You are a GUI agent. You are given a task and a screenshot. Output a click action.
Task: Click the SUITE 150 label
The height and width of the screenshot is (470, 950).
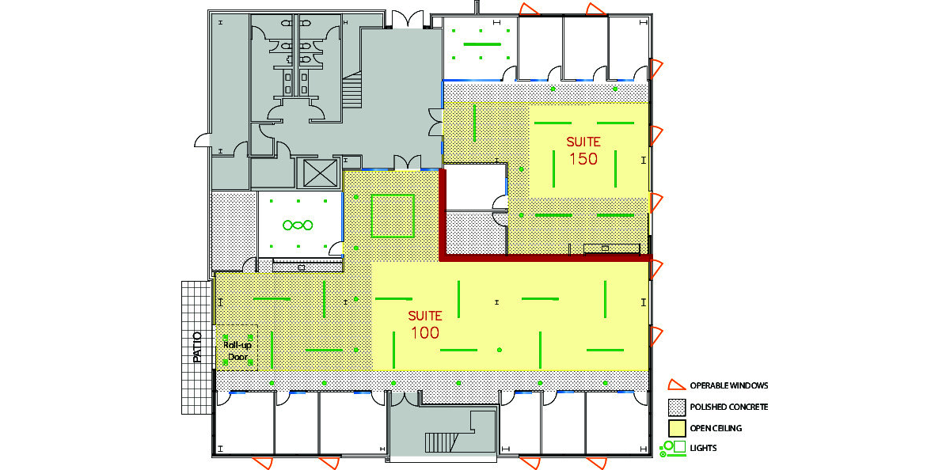(x=583, y=151)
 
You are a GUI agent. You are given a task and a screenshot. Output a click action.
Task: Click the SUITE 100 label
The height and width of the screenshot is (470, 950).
(x=425, y=324)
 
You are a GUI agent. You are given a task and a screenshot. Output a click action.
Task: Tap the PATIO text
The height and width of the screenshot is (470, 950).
(x=197, y=347)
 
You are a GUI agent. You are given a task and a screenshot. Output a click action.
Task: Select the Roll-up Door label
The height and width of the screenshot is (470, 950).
(x=237, y=351)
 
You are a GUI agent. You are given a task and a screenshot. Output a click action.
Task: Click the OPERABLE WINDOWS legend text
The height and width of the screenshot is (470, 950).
(x=728, y=385)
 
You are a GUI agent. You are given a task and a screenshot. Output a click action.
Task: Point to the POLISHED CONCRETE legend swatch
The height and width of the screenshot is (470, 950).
(x=677, y=407)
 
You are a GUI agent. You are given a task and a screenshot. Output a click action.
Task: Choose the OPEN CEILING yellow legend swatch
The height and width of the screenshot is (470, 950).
(x=677, y=429)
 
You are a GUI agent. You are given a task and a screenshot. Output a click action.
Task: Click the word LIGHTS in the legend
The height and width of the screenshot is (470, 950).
(x=703, y=448)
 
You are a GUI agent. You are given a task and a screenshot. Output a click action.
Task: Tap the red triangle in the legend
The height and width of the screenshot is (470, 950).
(x=676, y=385)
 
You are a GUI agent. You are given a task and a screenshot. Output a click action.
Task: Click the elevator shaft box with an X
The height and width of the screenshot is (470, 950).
(x=320, y=173)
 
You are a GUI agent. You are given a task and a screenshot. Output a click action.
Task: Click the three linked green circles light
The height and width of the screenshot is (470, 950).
(x=298, y=225)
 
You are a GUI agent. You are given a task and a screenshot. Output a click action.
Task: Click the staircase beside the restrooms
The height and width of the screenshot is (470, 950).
(x=351, y=89)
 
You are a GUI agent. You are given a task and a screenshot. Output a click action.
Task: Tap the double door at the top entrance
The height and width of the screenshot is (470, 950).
(x=407, y=20)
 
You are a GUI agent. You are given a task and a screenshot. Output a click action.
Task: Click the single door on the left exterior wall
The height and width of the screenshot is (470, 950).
(x=203, y=140)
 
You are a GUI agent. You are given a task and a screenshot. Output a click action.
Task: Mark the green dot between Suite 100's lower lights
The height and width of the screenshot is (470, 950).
(x=500, y=350)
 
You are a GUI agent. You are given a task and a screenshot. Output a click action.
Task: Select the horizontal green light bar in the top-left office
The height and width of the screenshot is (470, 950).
(x=482, y=44)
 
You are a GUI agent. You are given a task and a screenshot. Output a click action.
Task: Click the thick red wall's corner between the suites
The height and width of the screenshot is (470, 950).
(x=443, y=258)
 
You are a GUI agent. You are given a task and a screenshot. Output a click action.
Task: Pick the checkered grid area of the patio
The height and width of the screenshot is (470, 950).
(x=197, y=347)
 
